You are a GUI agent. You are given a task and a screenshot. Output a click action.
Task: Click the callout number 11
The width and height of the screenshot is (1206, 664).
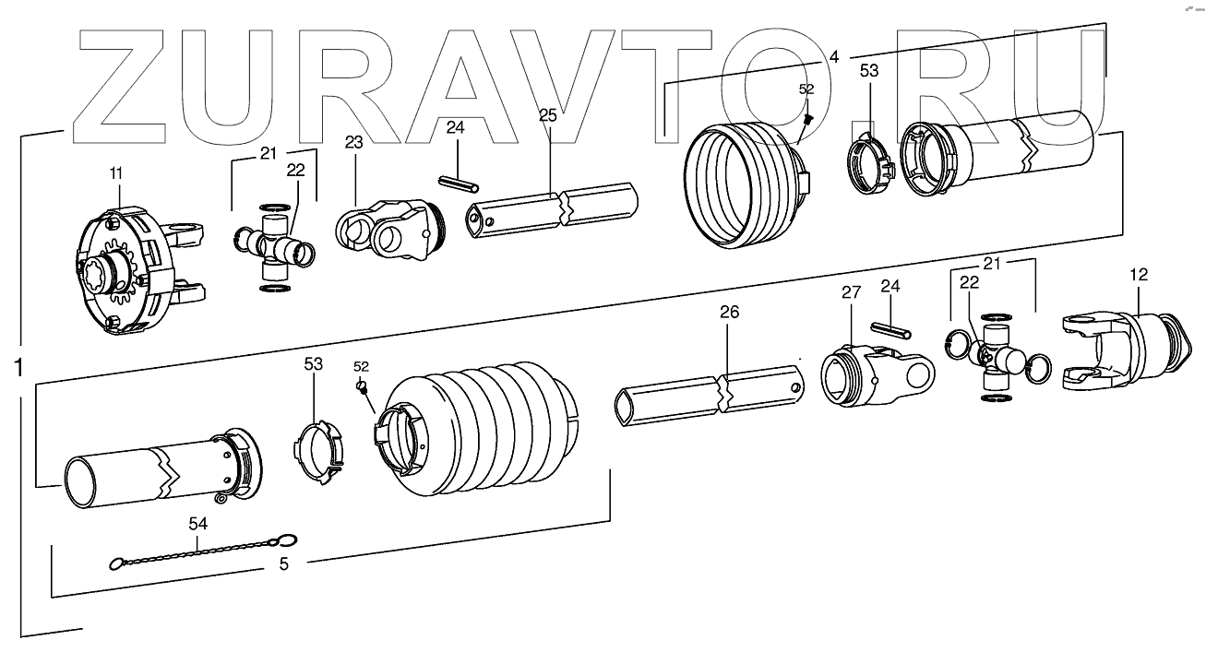pos(115,172)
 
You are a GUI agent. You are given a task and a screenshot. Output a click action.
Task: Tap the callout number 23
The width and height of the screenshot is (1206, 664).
pos(355,143)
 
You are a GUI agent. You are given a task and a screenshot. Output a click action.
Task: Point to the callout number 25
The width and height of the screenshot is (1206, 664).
pos(547,116)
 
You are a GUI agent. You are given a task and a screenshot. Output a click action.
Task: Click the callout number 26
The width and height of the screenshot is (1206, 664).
pos(729,314)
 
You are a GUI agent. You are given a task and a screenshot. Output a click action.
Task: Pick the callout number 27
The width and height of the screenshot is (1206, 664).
pos(850,292)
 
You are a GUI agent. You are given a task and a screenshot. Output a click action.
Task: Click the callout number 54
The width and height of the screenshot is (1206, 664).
pos(198,524)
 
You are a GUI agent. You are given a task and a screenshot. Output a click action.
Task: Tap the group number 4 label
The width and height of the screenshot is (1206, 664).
pos(834,56)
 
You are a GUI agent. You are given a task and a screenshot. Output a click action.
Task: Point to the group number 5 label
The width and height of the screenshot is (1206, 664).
pos(284,564)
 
